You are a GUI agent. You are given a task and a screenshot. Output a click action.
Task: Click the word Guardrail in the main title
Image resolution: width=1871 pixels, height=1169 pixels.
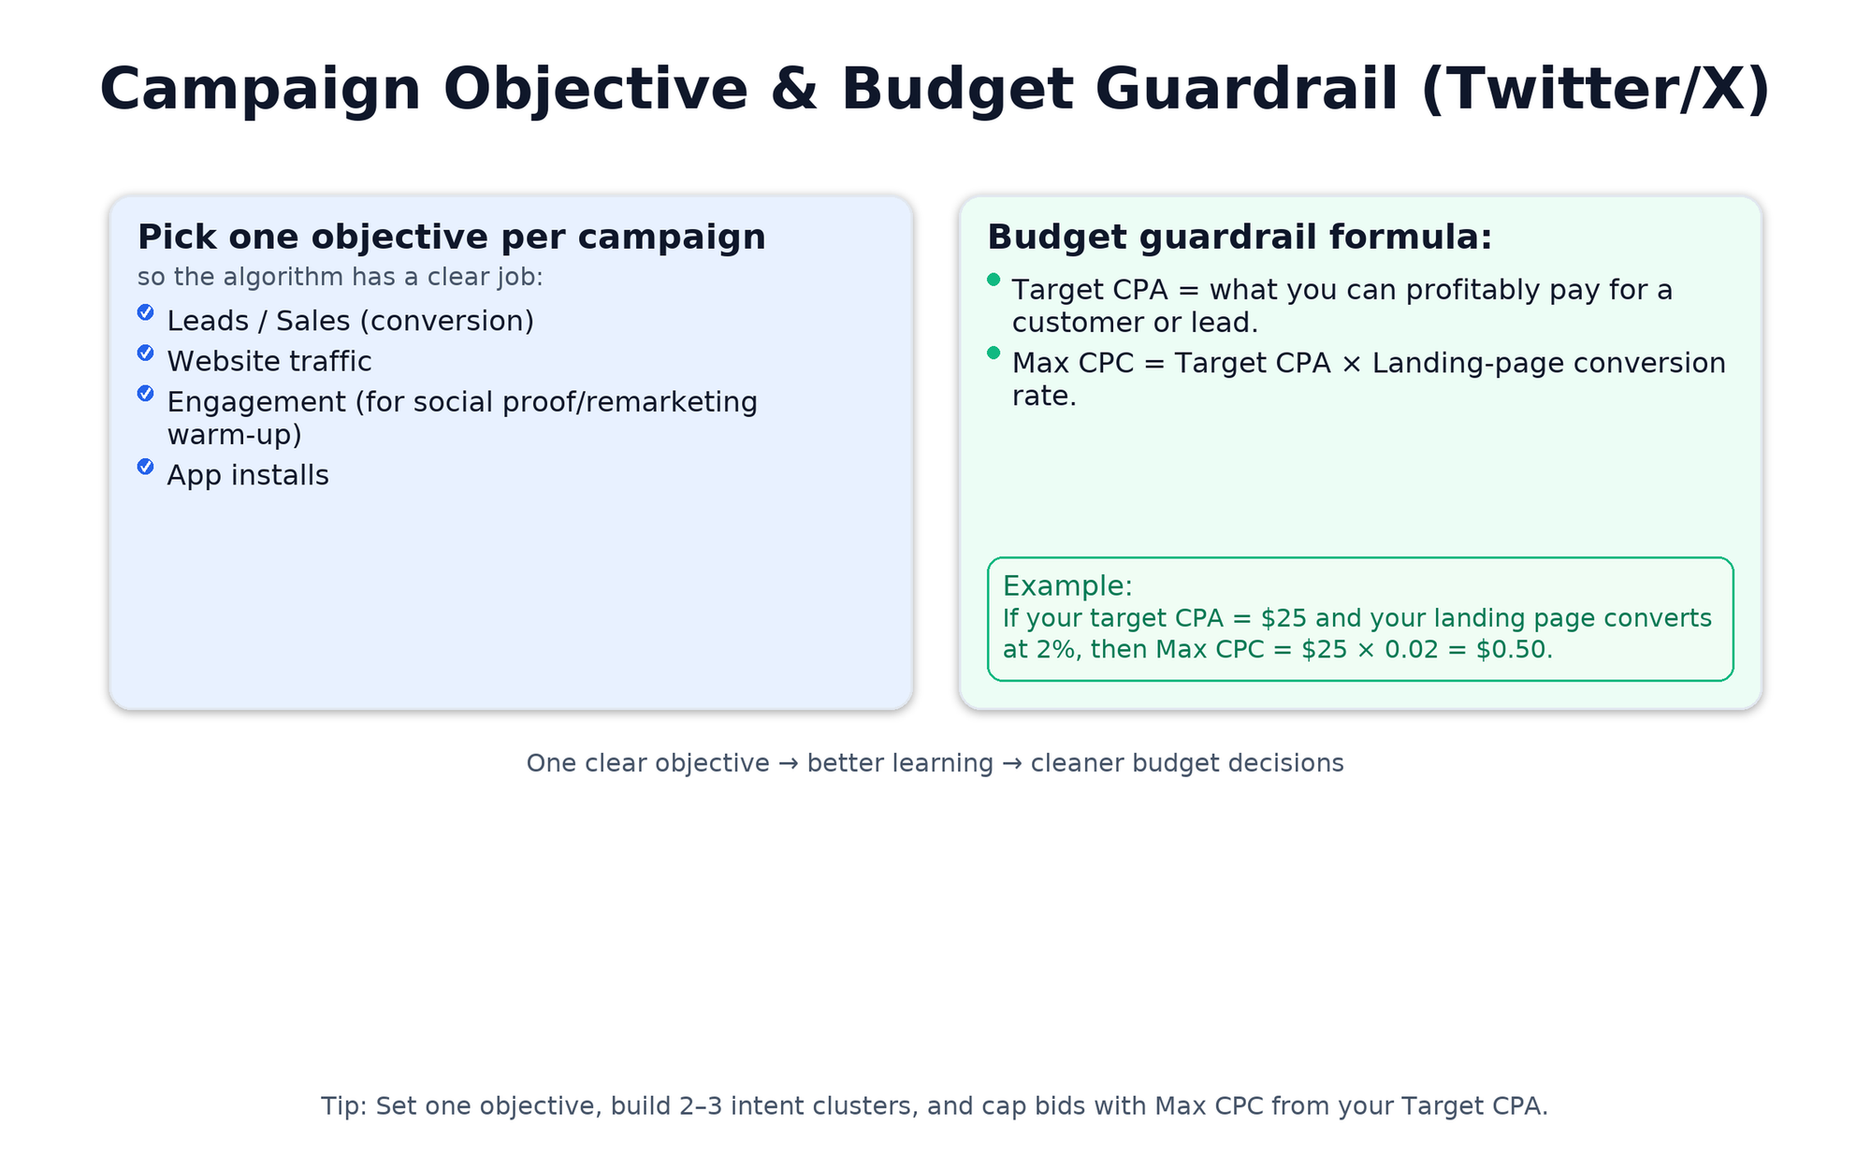point(1246,90)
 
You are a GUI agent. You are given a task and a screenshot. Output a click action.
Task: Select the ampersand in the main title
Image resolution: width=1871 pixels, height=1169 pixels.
point(794,90)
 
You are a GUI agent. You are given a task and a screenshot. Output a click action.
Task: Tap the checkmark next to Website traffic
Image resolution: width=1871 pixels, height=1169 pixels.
point(146,353)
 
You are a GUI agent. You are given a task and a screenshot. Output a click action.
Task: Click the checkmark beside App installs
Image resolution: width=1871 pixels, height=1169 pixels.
point(146,467)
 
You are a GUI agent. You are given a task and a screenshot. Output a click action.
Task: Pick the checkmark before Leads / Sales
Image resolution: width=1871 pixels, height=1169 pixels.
point(146,312)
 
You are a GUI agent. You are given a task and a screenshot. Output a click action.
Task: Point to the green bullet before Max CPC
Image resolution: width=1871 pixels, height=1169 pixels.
point(994,353)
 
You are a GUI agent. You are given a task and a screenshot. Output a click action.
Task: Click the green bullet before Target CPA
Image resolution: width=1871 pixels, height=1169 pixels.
point(994,280)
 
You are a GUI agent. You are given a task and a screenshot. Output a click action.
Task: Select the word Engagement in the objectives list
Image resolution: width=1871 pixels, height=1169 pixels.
point(255,402)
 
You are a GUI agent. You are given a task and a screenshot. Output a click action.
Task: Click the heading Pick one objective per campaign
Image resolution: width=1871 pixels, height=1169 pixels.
point(451,238)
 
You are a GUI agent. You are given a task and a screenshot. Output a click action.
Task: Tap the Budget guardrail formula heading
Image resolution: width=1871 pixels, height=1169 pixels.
point(1240,238)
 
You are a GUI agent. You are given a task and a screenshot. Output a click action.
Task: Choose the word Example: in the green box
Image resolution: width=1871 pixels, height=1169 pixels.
point(1067,586)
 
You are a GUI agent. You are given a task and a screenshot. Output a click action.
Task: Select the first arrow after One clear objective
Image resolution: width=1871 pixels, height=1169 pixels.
point(789,763)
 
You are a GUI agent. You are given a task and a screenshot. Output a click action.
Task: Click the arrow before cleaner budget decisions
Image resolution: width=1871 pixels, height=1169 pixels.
point(1012,763)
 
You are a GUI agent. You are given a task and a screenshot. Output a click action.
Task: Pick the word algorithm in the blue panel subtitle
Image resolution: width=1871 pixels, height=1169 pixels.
point(283,278)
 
